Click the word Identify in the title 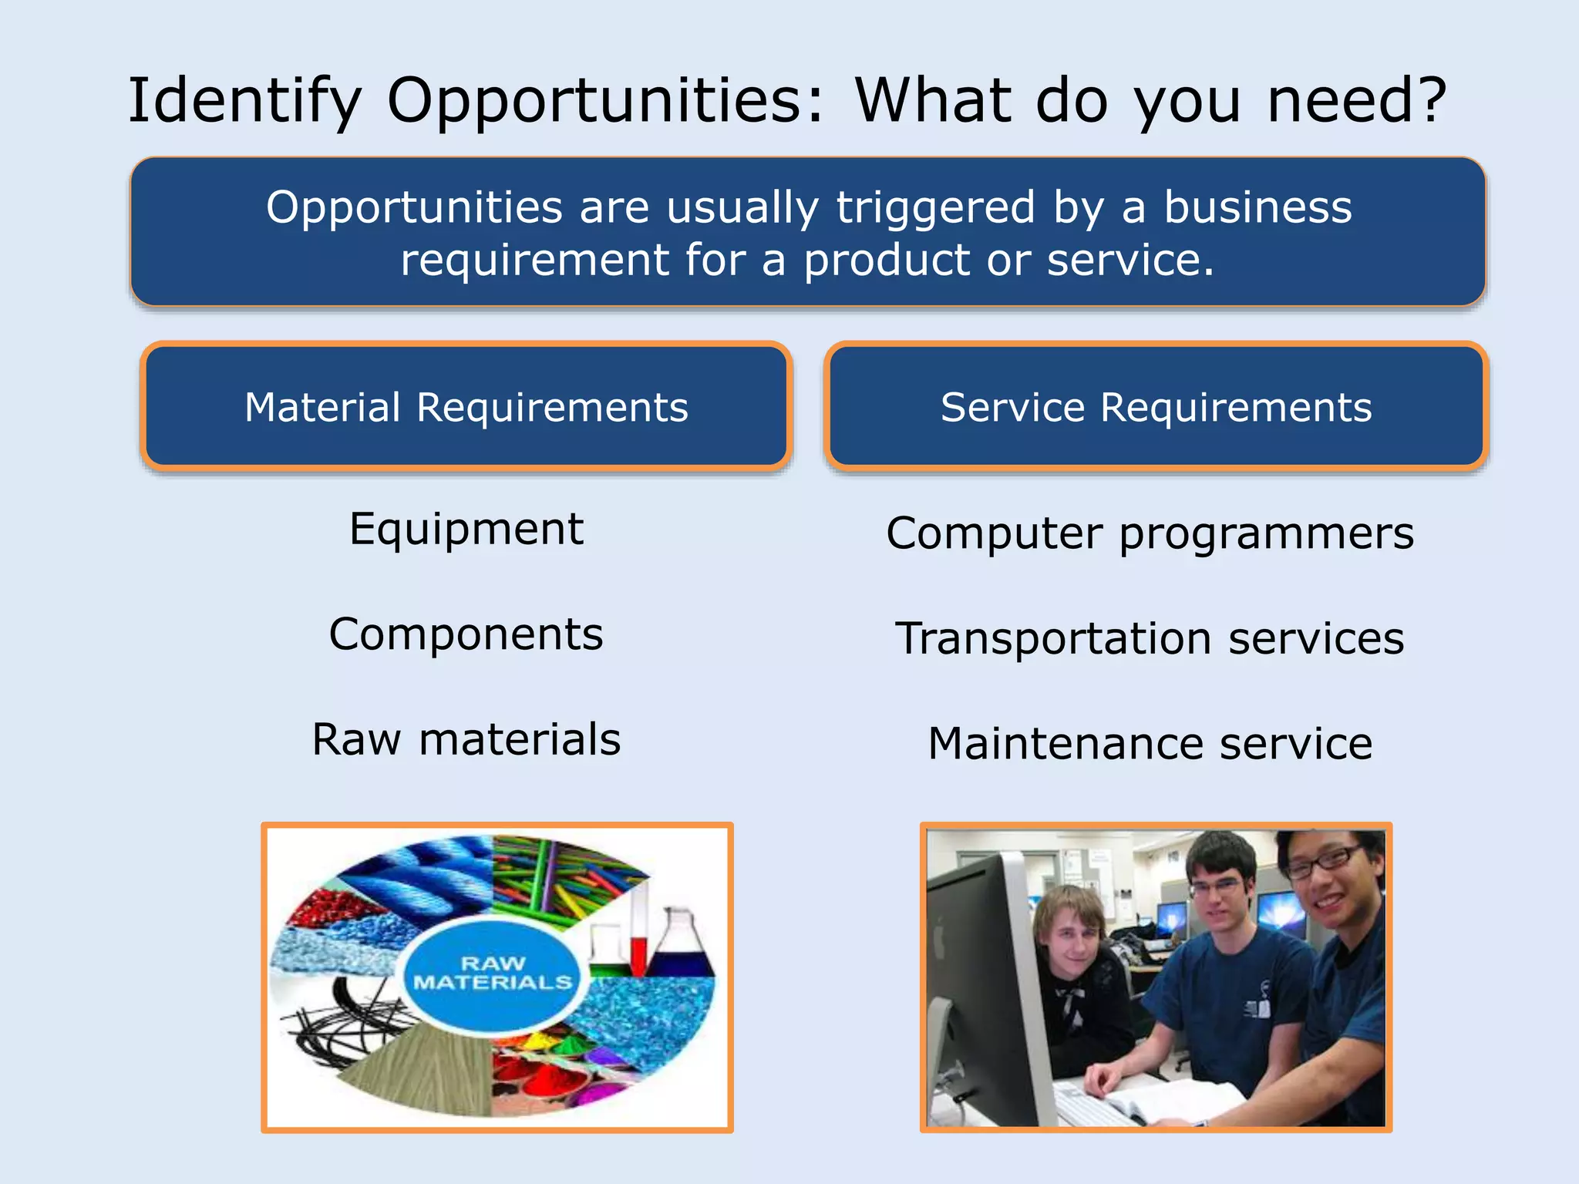(244, 103)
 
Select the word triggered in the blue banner (934, 208)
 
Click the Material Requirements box (466, 406)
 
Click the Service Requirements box (1156, 406)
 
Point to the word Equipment (466, 530)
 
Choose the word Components (466, 634)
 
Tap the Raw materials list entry (466, 739)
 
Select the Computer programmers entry (1150, 533)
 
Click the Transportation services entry (1150, 639)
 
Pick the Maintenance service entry (1150, 744)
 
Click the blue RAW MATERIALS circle (493, 974)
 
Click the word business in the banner (1257, 208)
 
